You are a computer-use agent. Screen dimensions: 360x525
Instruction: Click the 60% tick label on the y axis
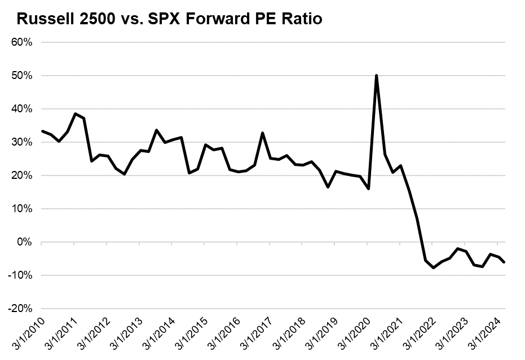[x=21, y=42]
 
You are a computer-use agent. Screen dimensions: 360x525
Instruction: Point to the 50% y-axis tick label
[x=21, y=76]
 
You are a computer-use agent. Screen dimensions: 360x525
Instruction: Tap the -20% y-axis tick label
[x=20, y=309]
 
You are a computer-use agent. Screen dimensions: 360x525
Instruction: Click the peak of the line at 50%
[x=376, y=76]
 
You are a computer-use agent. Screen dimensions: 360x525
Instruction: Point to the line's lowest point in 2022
[x=433, y=267]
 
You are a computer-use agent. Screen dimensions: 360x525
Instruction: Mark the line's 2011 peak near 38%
[x=75, y=113]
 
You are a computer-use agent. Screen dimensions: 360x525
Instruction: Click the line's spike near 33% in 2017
[x=263, y=133]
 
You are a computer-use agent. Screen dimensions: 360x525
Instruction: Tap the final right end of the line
[x=504, y=262]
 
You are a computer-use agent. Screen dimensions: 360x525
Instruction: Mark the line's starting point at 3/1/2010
[x=42, y=131]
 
